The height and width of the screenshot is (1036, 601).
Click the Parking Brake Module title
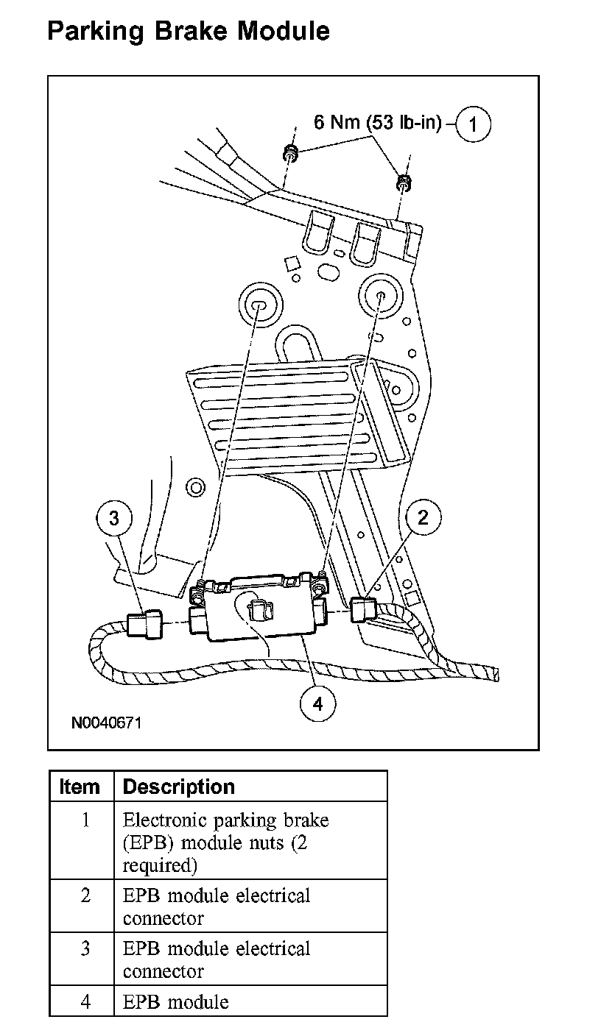[x=188, y=31]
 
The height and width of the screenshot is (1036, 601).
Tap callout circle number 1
[x=473, y=124]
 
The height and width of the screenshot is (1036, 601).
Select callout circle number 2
[x=423, y=517]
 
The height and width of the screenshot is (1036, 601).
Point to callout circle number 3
[x=113, y=518]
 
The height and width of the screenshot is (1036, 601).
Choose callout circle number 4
[x=317, y=703]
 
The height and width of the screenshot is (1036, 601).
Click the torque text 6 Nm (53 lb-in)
[x=377, y=122]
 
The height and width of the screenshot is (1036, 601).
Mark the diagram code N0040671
[x=106, y=723]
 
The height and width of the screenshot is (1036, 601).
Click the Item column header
[x=80, y=787]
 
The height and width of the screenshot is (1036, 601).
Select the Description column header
[x=178, y=787]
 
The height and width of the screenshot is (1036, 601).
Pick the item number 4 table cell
[x=85, y=1001]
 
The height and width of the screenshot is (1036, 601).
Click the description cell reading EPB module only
[x=176, y=1001]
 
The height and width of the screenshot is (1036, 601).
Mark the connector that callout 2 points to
[x=364, y=609]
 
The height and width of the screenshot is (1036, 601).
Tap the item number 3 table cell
[x=85, y=948]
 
